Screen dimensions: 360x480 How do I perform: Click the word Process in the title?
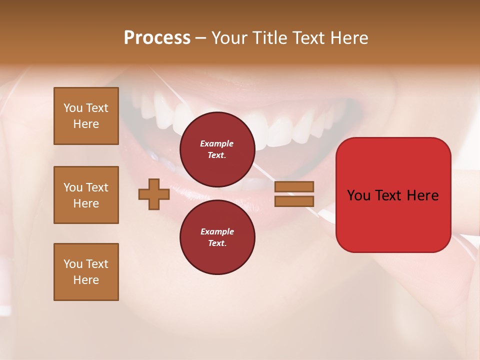157,38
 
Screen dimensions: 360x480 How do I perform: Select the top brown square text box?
86,116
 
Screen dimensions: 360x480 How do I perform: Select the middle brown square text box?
86,195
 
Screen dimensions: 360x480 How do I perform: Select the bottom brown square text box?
86,272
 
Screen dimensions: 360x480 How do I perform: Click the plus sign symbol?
153,194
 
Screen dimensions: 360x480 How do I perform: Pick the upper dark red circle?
217,149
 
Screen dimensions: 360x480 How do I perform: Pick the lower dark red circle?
217,237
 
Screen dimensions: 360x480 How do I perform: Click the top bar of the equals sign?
294,186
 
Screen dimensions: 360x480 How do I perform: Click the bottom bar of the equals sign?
294,201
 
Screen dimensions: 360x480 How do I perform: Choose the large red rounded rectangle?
393,220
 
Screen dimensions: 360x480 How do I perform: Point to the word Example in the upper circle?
216,143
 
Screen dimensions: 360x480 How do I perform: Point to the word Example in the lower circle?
217,231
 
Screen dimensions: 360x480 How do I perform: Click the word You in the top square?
73,108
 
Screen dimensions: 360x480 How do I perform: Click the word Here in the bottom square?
86,280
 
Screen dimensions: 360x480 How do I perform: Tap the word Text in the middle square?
96,187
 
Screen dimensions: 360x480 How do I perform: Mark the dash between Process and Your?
200,38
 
